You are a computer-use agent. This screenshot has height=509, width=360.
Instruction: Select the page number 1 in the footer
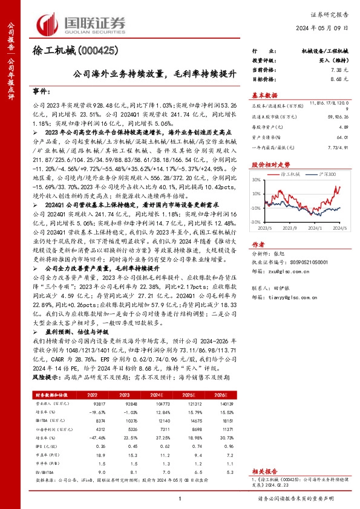click(x=180, y=499)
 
